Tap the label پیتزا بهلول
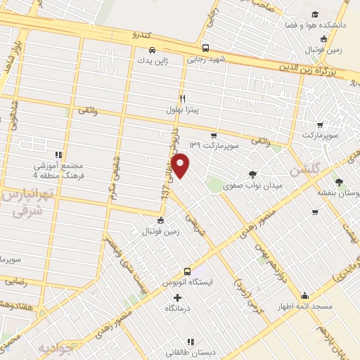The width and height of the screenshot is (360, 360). (185, 110)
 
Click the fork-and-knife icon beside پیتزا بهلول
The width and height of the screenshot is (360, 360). (183, 98)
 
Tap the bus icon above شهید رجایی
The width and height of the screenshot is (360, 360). (205, 49)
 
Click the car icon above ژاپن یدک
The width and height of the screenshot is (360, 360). (153, 50)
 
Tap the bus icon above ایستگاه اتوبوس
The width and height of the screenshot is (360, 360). (187, 271)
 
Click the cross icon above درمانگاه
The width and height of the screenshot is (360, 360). (177, 297)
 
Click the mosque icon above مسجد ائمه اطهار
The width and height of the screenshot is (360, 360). (304, 295)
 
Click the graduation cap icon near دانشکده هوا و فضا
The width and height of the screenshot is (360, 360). (316, 14)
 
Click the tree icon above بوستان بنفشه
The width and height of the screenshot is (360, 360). (340, 181)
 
